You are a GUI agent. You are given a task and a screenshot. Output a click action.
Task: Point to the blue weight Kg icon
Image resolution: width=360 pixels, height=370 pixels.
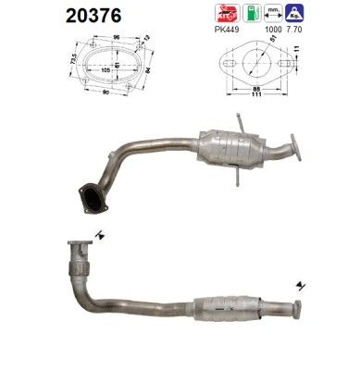tap(296, 13)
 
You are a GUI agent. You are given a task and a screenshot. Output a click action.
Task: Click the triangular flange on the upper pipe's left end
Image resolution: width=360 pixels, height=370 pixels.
tap(93, 200)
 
